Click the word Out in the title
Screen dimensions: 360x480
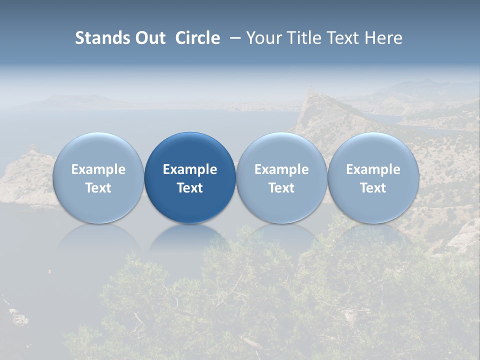point(149,38)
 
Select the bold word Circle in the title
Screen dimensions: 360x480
point(197,38)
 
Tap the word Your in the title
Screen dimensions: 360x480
point(262,38)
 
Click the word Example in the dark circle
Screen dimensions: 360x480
point(190,169)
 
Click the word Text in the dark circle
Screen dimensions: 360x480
point(190,188)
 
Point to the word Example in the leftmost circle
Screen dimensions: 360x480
point(98,169)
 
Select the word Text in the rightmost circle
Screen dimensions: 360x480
point(373,188)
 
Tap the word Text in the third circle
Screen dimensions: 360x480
point(281,188)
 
